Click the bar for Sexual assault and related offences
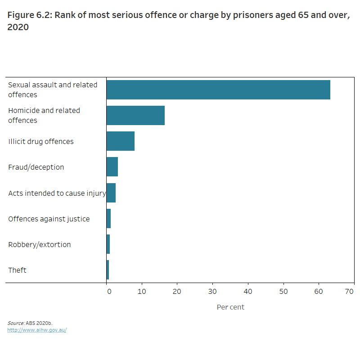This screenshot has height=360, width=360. [x=218, y=90]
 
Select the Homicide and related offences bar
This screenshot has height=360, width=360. [x=135, y=116]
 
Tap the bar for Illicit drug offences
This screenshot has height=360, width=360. [x=120, y=141]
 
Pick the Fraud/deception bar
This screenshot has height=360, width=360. [x=112, y=167]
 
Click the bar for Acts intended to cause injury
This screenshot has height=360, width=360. [x=111, y=193]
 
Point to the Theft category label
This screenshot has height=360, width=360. [x=17, y=270]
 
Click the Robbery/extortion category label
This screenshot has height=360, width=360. [x=40, y=244]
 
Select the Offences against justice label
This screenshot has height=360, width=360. [x=49, y=219]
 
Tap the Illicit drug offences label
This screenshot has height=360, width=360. [x=41, y=141]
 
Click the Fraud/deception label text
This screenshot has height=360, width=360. [x=36, y=167]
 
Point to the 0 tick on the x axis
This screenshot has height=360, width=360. [x=108, y=292]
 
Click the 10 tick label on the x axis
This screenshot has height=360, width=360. [x=142, y=292]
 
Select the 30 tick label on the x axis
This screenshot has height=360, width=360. [x=212, y=292]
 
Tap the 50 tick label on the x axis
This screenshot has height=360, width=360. [x=283, y=292]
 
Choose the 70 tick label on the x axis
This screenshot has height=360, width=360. [x=350, y=292]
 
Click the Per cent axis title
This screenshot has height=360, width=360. [x=230, y=307]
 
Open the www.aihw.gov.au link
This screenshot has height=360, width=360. [x=37, y=330]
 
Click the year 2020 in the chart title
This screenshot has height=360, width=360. [x=18, y=27]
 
